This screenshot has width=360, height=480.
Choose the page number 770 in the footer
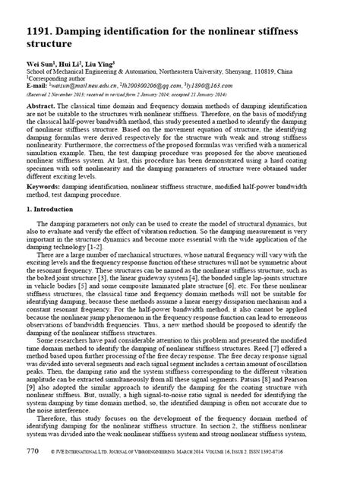(x=33, y=471)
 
